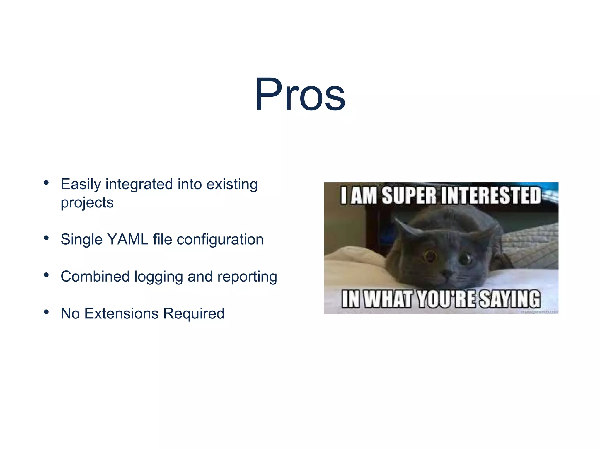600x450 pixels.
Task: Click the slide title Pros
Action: click(x=300, y=95)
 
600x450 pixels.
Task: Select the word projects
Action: click(x=87, y=203)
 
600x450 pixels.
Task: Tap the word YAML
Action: click(x=128, y=239)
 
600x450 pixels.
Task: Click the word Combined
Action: click(x=95, y=277)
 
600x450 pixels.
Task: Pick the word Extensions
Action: click(x=121, y=313)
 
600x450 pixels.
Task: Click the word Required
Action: click(x=194, y=314)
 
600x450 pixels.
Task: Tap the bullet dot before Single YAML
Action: click(x=46, y=238)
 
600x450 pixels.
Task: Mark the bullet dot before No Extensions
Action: click(x=46, y=312)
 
